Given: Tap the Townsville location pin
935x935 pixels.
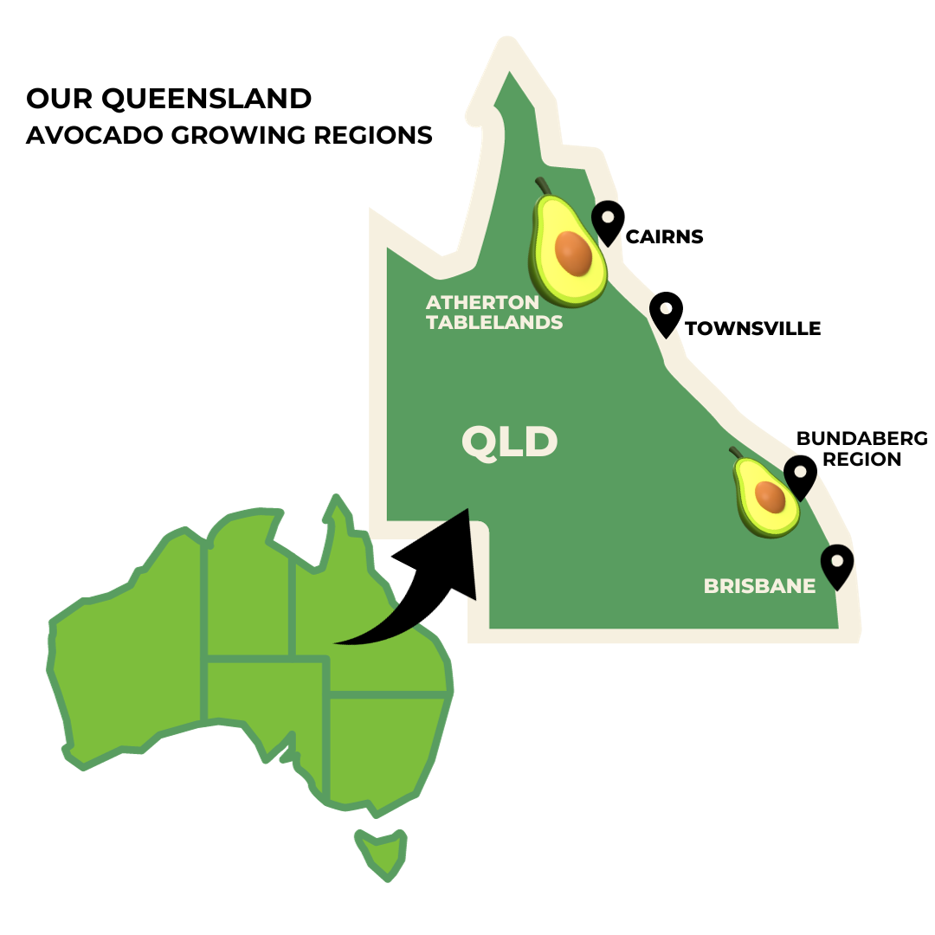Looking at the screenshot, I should tap(666, 313).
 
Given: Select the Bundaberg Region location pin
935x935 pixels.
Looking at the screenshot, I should tap(800, 477).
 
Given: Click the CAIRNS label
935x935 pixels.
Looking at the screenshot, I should tap(664, 236).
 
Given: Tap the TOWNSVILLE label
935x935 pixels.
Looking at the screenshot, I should tap(752, 329).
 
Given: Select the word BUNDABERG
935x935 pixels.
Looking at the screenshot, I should tap(861, 438).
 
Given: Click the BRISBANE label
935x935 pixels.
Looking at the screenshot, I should tap(759, 586).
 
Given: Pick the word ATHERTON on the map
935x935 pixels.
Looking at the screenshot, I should tap(482, 303).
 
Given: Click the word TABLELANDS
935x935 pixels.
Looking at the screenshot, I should tap(494, 323).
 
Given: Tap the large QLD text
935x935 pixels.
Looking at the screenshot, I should tap(509, 442).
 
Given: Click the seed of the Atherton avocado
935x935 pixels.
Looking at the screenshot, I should tap(573, 253).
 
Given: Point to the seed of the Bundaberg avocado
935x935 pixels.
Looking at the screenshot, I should tap(770, 497).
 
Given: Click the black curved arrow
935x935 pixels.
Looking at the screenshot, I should tap(424, 589).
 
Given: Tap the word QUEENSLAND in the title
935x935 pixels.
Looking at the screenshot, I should tap(206, 99).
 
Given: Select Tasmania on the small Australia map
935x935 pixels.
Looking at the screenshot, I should tap(382, 854).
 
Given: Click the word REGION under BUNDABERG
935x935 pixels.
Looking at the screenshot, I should tap(861, 459).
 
